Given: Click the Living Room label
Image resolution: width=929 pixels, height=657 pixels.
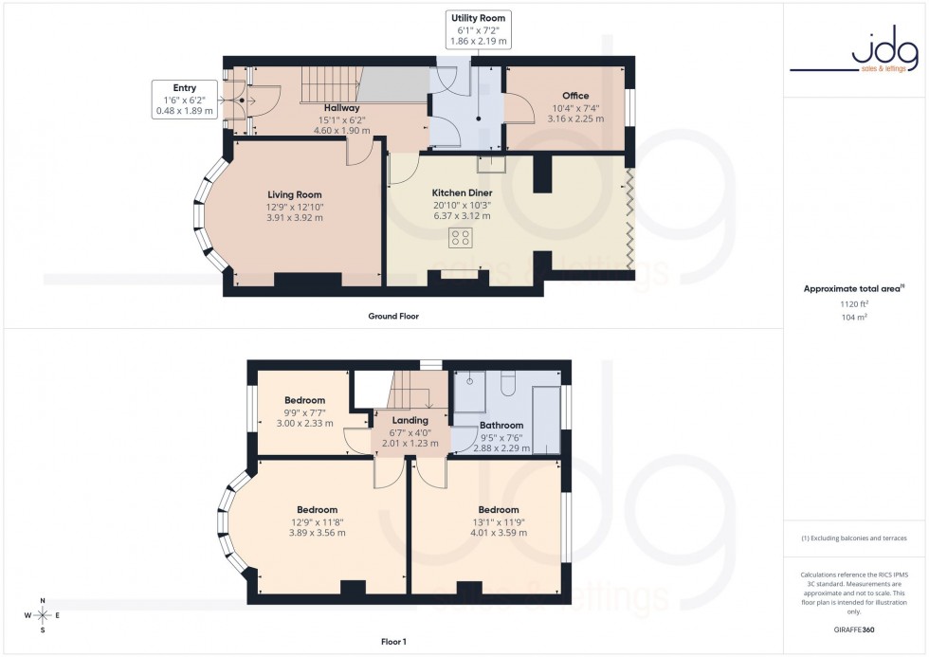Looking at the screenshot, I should [294, 194].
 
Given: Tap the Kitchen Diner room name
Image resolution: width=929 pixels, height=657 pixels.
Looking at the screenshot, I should [462, 192].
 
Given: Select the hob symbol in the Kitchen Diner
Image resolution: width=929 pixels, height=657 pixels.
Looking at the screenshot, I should [462, 237].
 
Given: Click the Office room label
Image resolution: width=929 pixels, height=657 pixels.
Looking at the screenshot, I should [574, 96].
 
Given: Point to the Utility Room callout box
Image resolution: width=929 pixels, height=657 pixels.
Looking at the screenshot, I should [479, 30].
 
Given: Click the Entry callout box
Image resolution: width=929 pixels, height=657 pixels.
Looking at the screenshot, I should [184, 100].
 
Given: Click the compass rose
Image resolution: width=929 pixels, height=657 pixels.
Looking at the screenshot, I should [43, 615].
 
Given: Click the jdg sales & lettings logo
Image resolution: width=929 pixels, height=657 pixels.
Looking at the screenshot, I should [854, 56].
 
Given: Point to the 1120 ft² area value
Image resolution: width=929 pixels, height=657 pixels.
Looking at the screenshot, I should [854, 303].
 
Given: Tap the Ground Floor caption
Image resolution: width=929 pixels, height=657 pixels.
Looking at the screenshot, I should [392, 316].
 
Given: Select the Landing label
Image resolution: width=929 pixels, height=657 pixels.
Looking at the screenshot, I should [410, 420].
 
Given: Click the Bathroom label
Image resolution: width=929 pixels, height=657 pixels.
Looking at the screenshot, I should [501, 426].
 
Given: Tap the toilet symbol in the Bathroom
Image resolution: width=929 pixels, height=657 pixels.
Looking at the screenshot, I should [505, 382].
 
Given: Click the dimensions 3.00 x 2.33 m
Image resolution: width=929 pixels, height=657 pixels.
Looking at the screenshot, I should [305, 423].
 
